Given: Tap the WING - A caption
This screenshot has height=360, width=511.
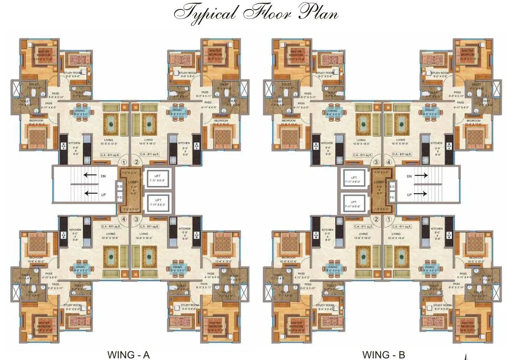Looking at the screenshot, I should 128,354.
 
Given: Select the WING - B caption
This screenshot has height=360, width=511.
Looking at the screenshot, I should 383,354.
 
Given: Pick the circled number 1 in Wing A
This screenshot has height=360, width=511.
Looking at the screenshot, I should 124,162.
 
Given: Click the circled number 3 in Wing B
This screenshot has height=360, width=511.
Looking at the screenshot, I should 376,162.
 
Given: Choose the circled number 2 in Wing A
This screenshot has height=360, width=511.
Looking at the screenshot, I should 137,162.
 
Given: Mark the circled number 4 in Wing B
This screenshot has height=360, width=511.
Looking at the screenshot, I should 389,162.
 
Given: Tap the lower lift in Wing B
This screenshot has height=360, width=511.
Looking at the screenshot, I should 354,204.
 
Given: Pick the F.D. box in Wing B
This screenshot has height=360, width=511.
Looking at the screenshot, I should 392,198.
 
